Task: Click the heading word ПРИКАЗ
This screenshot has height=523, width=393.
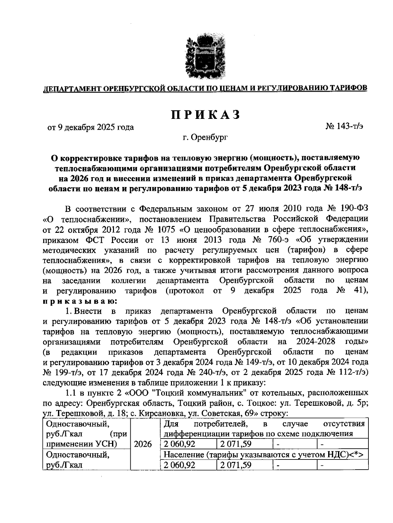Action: tap(205, 115)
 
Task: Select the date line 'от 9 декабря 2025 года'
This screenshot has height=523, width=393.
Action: tap(91, 127)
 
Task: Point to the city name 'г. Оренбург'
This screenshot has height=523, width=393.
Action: tap(205, 138)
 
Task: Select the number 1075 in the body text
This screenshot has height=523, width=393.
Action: tap(159, 229)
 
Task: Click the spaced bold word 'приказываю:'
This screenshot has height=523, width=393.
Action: tap(79, 301)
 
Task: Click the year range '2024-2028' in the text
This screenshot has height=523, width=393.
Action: tap(316, 342)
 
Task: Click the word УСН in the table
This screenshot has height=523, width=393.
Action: tap(108, 444)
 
